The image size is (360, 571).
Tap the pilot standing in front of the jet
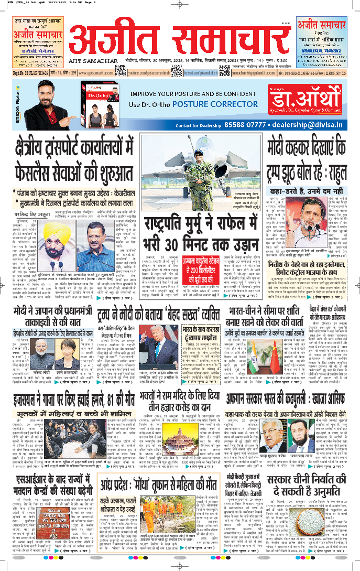coord(199,168)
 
